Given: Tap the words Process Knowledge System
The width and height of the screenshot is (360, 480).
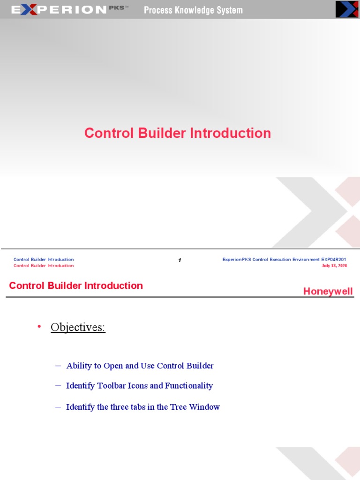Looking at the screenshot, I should (193, 10).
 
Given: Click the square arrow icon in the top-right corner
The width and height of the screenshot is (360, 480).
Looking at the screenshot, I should (346, 9).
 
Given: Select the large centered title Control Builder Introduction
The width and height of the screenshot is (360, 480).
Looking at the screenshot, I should (178, 133).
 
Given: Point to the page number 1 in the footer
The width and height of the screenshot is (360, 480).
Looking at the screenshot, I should (180, 260).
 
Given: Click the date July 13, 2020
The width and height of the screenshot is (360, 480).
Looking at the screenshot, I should (334, 266).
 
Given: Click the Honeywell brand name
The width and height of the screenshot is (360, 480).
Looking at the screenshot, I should (328, 291).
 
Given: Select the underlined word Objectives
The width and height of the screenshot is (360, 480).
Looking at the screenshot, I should (78, 327).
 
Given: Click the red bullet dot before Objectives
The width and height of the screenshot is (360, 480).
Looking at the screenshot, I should (39, 326).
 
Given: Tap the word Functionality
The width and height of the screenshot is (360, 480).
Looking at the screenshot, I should (189, 386).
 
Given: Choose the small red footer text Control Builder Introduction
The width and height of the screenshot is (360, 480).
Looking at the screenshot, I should (44, 266).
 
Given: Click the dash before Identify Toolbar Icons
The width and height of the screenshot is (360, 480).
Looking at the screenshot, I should (58, 386).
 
